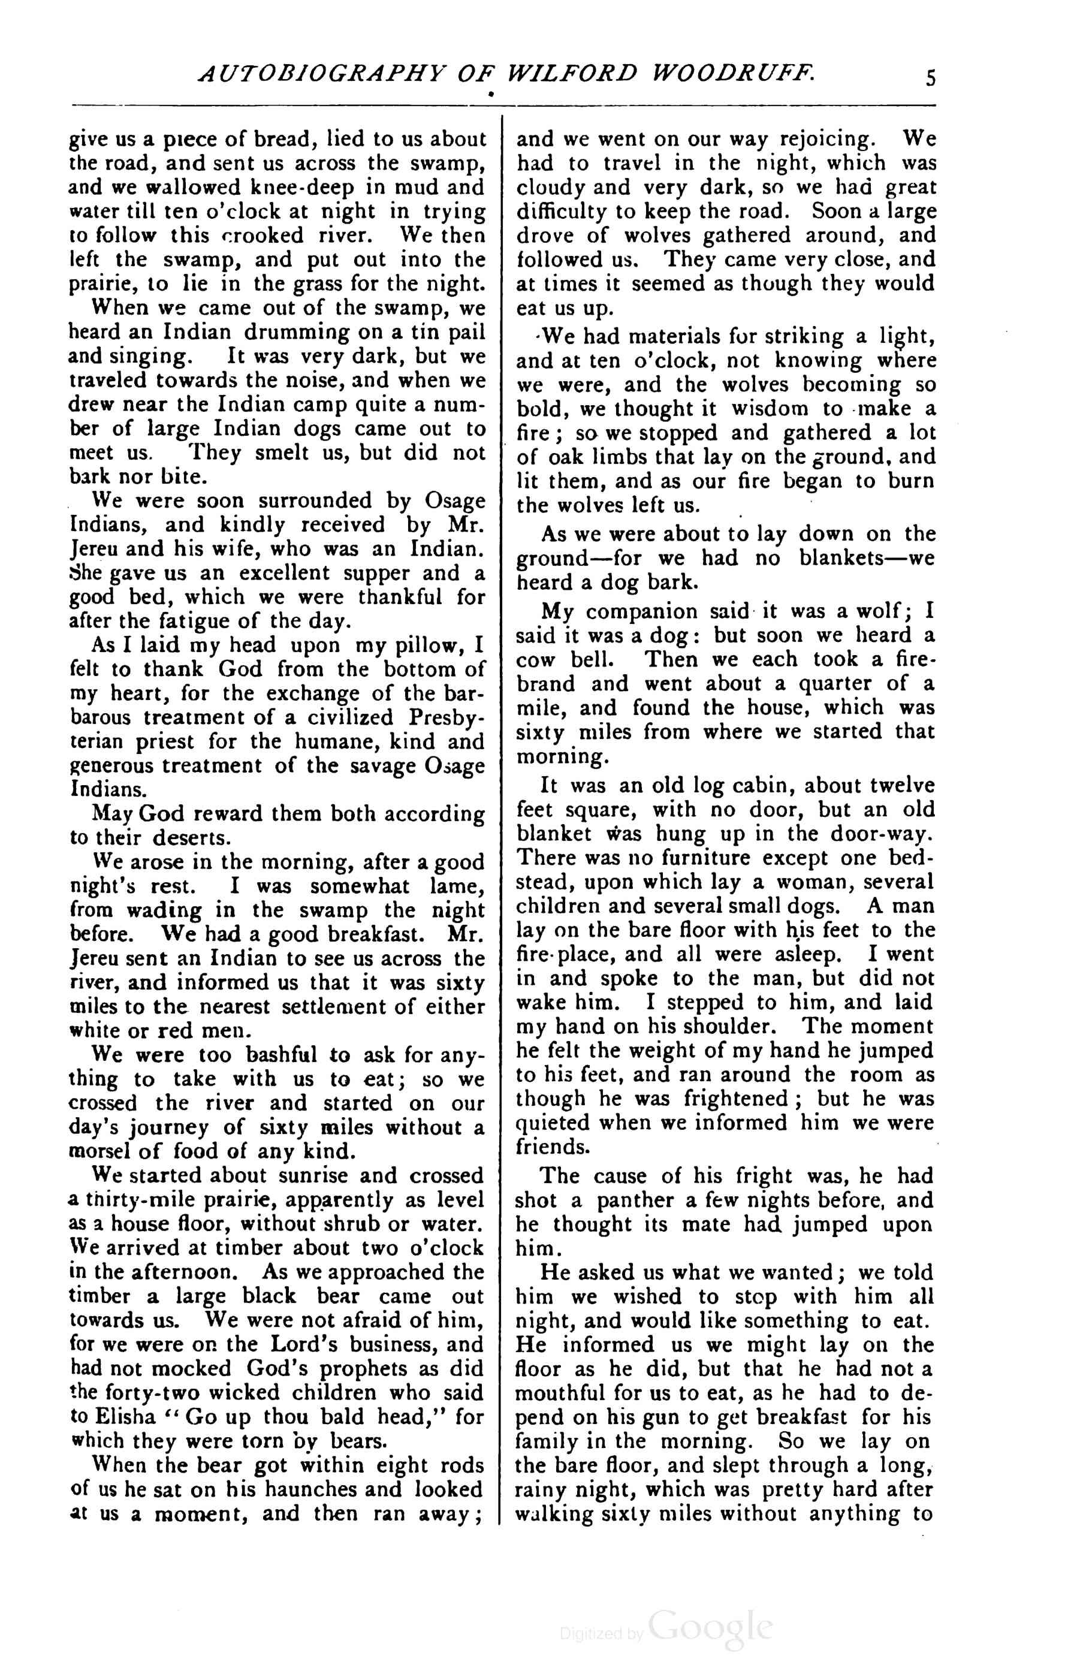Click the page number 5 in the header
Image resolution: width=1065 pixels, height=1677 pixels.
pos(931,77)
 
